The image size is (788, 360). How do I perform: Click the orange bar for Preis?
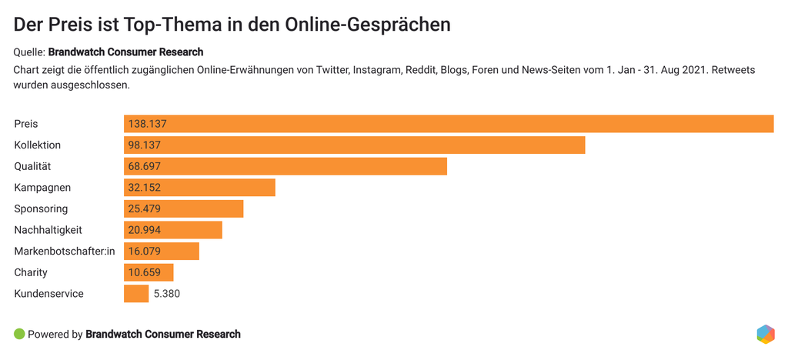click(449, 124)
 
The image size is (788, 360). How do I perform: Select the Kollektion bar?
click(354, 145)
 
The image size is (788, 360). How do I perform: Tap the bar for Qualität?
click(285, 166)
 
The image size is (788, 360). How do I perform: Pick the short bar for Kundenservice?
click(136, 294)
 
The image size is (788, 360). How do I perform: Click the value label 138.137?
click(149, 124)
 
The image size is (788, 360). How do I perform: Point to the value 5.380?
click(167, 294)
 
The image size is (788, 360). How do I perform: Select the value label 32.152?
click(145, 188)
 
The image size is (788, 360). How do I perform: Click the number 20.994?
click(145, 230)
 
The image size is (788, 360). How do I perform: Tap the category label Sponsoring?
click(41, 208)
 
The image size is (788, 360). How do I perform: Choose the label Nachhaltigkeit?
click(48, 230)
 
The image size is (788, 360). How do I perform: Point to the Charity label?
click(31, 272)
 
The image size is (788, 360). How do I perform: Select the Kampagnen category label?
click(42, 188)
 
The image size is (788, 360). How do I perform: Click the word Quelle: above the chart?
click(29, 52)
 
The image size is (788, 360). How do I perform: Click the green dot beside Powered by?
click(19, 334)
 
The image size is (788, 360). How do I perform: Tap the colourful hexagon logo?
click(765, 334)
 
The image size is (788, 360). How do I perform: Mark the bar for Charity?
click(149, 272)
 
